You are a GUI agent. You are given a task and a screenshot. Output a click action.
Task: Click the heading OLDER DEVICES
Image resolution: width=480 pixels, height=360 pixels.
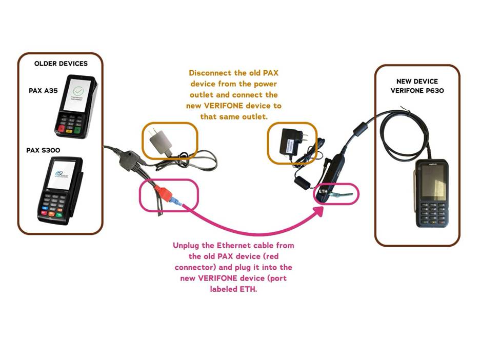tap(61, 64)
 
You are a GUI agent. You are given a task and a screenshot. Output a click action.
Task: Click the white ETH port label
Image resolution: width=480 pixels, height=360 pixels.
tap(323, 191)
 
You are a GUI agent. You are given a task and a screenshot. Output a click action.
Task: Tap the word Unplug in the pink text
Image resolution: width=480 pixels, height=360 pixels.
tap(185, 245)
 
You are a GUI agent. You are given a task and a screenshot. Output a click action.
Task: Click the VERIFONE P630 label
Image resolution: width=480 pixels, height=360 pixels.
tap(417, 91)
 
